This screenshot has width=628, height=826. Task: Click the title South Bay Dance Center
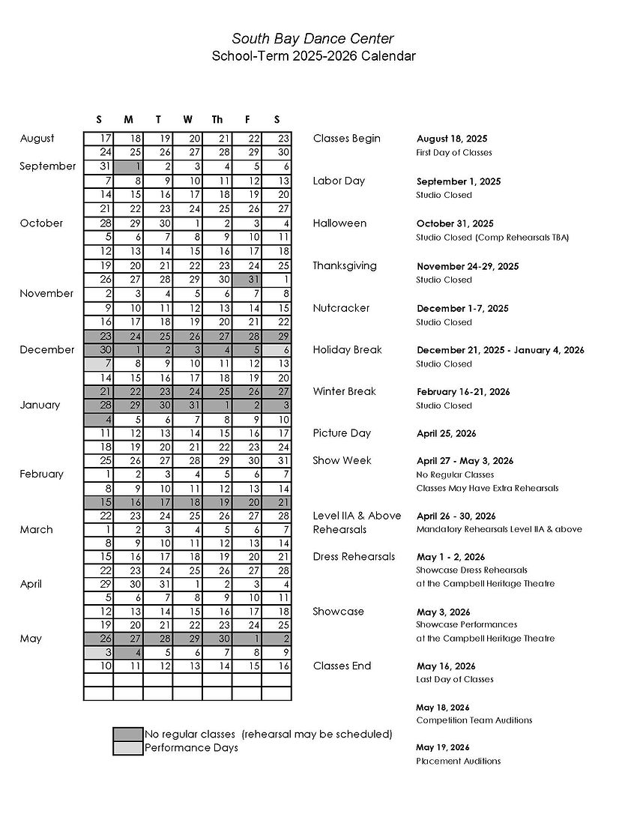(313, 39)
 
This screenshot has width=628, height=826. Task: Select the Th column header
(217, 119)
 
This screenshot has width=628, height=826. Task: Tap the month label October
(41, 223)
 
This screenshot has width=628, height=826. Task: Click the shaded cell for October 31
(247, 280)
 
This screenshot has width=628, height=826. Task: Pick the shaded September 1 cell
(128, 166)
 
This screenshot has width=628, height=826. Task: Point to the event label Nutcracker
(341, 308)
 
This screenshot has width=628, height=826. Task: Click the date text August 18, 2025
(452, 139)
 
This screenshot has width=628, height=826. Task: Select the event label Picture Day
(342, 433)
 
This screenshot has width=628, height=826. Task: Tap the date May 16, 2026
(446, 666)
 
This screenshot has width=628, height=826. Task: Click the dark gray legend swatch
(127, 734)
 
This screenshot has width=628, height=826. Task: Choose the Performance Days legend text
(191, 747)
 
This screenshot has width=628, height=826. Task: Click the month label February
(42, 474)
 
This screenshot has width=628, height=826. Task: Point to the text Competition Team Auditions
(474, 720)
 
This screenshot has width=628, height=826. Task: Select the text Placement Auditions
(458, 761)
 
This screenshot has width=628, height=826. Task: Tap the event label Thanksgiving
(345, 265)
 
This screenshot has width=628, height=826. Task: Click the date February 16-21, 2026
(463, 392)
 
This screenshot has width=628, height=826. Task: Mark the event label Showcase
(338, 612)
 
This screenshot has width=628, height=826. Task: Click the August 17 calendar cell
(98, 139)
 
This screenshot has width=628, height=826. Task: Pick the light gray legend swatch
(127, 748)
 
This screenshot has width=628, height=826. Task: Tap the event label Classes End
(342, 666)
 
